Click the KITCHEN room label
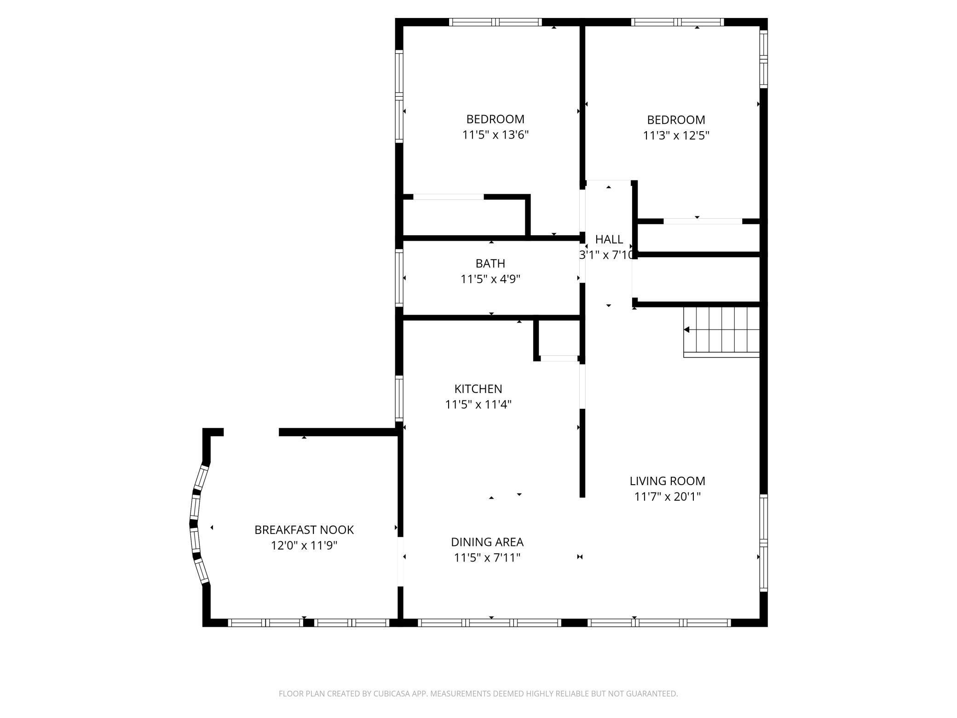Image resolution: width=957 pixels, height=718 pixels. tap(478, 389)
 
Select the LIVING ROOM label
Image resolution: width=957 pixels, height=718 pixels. tap(667, 481)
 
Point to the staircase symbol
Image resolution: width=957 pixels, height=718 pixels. tap(721, 331)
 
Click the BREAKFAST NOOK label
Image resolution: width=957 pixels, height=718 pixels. tap(304, 530)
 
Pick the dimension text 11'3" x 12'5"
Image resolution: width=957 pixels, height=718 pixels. tap(676, 136)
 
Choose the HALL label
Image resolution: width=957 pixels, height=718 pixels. tap(609, 239)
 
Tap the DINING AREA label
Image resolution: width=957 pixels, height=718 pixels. tap(487, 542)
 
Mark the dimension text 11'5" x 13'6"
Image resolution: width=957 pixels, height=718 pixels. tap(495, 135)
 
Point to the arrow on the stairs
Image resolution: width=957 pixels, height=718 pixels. tap(686, 330)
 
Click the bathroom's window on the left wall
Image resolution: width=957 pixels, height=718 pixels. tap(399, 278)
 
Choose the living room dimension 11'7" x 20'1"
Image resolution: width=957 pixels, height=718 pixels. tap(667, 497)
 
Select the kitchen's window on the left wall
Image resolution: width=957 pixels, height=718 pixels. tap(399, 399)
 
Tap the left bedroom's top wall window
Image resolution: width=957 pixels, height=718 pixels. tap(495, 22)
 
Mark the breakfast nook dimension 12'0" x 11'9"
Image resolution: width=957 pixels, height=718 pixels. tap(304, 546)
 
